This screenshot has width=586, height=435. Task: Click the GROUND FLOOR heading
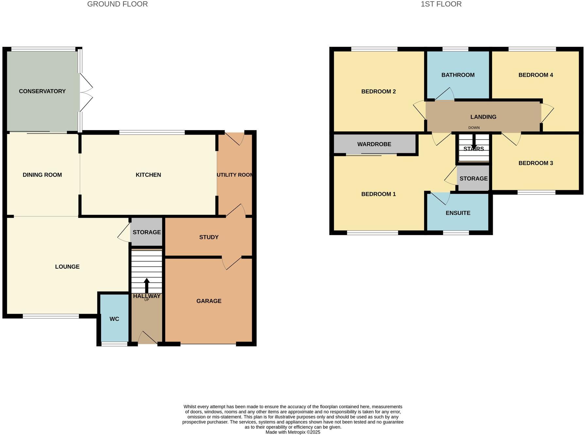tap(117, 4)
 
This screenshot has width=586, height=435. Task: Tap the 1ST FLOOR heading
tap(441, 4)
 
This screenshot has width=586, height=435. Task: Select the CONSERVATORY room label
tap(42, 91)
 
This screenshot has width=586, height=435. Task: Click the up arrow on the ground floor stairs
tap(146, 285)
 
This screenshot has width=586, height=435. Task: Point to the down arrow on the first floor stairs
tap(474, 142)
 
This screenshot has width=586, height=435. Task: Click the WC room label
tap(114, 319)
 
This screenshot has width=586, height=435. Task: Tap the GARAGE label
tap(209, 301)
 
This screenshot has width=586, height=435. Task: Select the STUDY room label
tap(209, 237)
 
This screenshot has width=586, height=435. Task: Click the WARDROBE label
tap(374, 144)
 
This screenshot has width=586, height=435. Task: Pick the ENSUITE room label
tap(458, 213)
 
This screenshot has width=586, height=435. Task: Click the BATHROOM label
tap(458, 75)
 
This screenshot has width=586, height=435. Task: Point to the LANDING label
tap(483, 117)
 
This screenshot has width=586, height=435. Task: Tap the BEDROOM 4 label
tap(535, 75)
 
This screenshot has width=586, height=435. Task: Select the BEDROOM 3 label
tap(535, 163)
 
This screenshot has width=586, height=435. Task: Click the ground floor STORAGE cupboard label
tap(146, 232)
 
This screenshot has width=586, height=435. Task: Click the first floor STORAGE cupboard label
tap(473, 178)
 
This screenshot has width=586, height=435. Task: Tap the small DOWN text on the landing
tap(474, 128)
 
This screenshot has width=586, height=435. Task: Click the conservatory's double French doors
tap(86, 92)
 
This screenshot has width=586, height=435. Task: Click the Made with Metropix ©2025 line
tap(293, 432)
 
